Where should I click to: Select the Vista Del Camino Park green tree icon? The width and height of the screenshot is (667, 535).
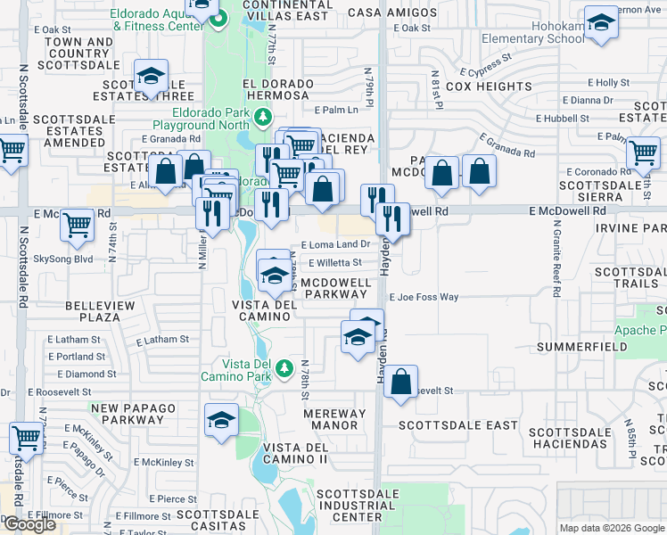(x=284, y=366)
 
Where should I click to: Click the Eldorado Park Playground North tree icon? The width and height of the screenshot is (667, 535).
(x=262, y=117)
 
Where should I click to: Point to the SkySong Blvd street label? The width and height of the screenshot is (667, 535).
(x=63, y=259)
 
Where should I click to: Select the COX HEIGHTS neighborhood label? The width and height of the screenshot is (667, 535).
(x=489, y=86)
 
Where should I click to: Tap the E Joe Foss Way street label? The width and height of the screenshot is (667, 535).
(x=423, y=297)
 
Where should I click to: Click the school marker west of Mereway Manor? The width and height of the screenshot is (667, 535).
(x=220, y=421)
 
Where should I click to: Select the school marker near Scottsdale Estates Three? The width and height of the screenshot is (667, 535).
(x=151, y=77)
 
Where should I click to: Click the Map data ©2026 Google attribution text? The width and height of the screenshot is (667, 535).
(x=611, y=528)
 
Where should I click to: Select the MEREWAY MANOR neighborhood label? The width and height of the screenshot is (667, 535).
(x=334, y=419)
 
